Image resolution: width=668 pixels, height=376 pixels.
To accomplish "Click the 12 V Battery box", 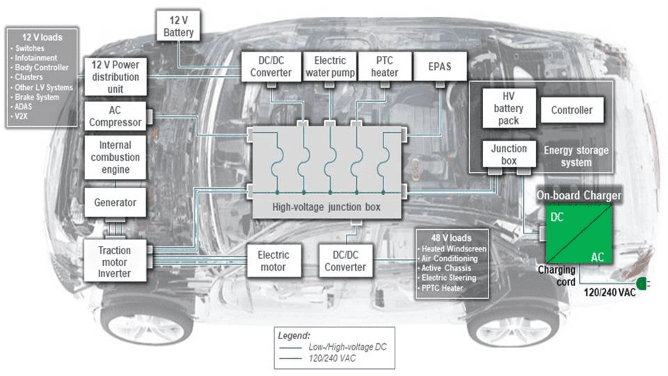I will pos(178,26).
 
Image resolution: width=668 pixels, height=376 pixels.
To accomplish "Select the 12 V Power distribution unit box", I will pos(116,77).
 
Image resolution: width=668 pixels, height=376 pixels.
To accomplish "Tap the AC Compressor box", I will pos(115,116).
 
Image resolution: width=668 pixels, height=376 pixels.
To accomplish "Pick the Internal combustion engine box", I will pos(115,157).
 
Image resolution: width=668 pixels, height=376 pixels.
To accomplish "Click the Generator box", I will pos(115,202).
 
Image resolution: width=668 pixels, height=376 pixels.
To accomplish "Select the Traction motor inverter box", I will pos(115,261).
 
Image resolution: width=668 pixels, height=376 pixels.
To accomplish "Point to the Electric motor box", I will pos(273,261).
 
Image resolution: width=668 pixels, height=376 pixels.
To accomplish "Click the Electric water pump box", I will pos(330,66).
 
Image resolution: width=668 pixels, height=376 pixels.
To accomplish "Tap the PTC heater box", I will pos(384,66).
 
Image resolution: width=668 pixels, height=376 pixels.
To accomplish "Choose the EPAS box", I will pos(440,66).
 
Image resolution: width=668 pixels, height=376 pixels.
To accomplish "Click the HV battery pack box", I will pos(508,108).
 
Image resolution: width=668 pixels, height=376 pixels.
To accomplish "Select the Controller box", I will pos(572,110).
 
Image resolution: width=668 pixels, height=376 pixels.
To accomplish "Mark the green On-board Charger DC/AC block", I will pos(578,234).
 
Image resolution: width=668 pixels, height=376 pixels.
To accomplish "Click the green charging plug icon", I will pos(642,283).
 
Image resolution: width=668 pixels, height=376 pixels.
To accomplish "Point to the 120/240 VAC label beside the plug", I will pos(609,293).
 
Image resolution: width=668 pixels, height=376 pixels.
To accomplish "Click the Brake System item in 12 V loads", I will pos(37,97).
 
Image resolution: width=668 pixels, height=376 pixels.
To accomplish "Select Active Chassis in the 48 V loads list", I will pos(446,268).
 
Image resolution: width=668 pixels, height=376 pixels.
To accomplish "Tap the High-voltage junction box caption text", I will pos(326,207).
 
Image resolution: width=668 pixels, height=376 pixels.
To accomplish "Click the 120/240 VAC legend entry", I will pos(332,358).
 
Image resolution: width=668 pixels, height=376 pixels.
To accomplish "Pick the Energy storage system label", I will pos(576,156).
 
